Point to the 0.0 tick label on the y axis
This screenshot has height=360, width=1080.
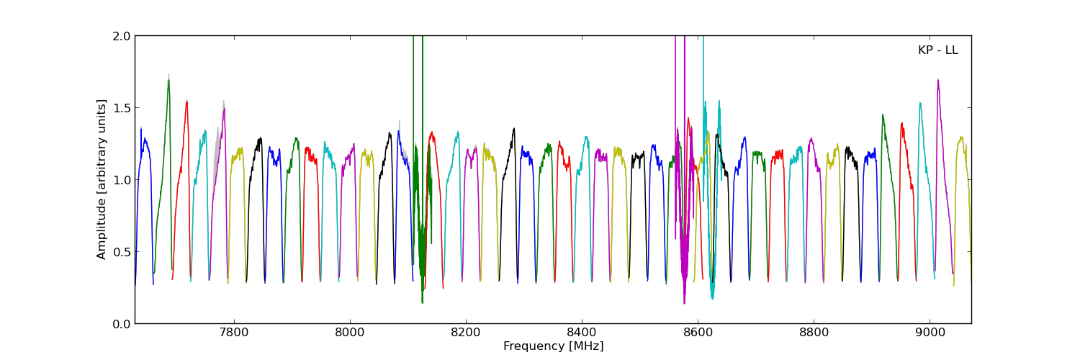(122, 324)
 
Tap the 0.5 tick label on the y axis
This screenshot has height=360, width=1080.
(122, 252)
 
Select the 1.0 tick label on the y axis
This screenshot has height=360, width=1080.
(122, 180)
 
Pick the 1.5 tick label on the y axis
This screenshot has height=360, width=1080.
(122, 108)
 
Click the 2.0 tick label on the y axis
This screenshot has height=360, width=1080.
(122, 36)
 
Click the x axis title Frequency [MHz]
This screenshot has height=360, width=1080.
(553, 346)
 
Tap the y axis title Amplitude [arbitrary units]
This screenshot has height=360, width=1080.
(102, 179)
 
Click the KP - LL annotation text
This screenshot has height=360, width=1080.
(937, 50)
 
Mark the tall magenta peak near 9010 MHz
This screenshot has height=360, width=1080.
(937, 80)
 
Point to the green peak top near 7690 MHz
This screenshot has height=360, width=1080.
(168, 81)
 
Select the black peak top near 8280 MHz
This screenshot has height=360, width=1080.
(514, 129)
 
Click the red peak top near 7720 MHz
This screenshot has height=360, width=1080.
(186, 102)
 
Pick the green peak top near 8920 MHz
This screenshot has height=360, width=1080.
(883, 114)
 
